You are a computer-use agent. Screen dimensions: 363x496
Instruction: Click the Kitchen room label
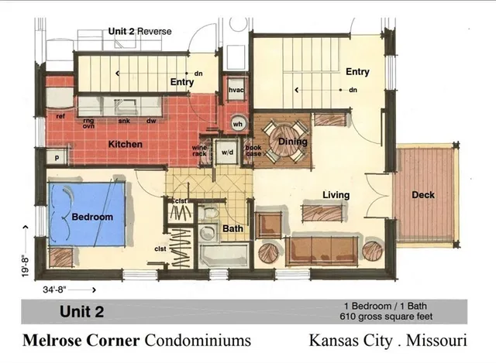click(x=125, y=144)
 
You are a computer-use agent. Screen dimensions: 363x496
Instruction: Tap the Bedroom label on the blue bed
click(x=92, y=217)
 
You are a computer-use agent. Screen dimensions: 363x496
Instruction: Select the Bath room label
click(x=232, y=229)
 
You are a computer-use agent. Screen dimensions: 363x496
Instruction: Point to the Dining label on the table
click(x=293, y=142)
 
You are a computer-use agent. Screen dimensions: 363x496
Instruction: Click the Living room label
click(x=336, y=195)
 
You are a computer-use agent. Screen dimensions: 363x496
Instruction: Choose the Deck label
click(x=423, y=195)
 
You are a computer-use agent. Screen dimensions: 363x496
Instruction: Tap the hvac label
click(x=236, y=91)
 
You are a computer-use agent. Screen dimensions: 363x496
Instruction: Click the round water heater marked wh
click(x=238, y=123)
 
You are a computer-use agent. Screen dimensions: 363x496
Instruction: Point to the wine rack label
click(x=200, y=151)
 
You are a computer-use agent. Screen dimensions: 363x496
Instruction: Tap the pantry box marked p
click(x=57, y=157)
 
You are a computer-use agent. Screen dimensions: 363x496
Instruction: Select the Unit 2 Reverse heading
click(x=139, y=31)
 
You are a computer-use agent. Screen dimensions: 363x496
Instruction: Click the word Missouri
click(x=434, y=340)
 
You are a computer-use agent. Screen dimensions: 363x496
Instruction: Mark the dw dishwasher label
click(x=152, y=121)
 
